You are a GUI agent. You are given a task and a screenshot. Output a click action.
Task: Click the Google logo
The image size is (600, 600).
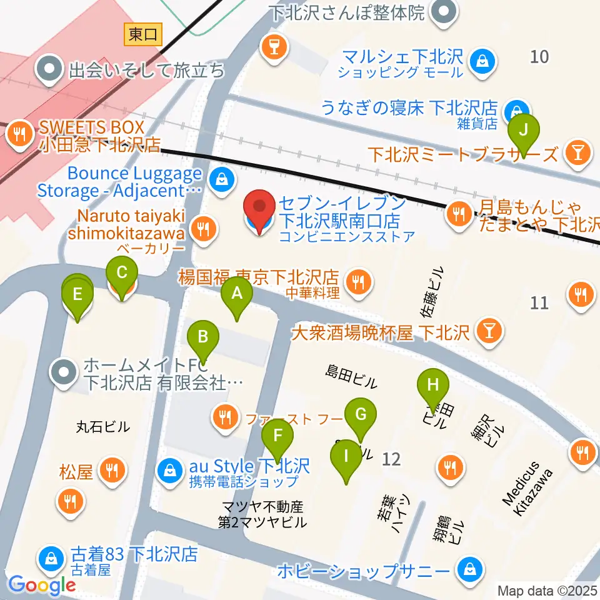click(42, 585)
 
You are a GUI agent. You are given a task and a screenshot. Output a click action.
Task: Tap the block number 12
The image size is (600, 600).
click(391, 459)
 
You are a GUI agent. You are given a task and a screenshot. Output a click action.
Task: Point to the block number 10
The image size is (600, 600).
click(539, 57)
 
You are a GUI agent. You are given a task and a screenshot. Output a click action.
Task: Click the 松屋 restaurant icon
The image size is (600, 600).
click(112, 471)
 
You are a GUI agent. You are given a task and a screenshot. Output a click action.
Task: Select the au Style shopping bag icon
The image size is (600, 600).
click(169, 467)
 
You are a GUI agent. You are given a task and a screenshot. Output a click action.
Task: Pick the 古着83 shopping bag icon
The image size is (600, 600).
click(49, 556)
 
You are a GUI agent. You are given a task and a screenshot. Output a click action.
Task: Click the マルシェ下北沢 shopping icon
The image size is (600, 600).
click(482, 61)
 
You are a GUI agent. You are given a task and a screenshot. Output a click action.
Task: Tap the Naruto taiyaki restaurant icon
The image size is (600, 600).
click(203, 228)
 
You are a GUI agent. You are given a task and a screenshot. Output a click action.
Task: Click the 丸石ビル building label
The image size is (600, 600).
click(102, 427)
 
